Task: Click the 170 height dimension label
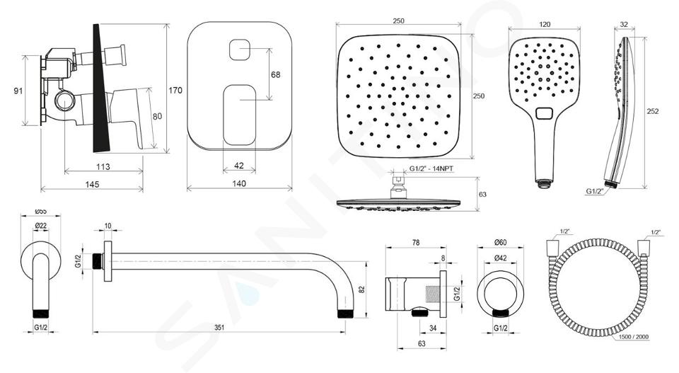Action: pos(175,91)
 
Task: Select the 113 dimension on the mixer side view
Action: pos(103,166)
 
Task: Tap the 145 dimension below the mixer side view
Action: pos(92,184)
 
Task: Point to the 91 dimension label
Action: pos(18,91)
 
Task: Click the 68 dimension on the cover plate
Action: pos(275,74)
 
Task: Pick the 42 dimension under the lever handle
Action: pos(238,166)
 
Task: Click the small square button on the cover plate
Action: pos(240,50)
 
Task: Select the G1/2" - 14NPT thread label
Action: pos(431,169)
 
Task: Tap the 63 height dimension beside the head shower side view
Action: pos(482,195)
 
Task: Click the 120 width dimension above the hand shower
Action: pos(545,24)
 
